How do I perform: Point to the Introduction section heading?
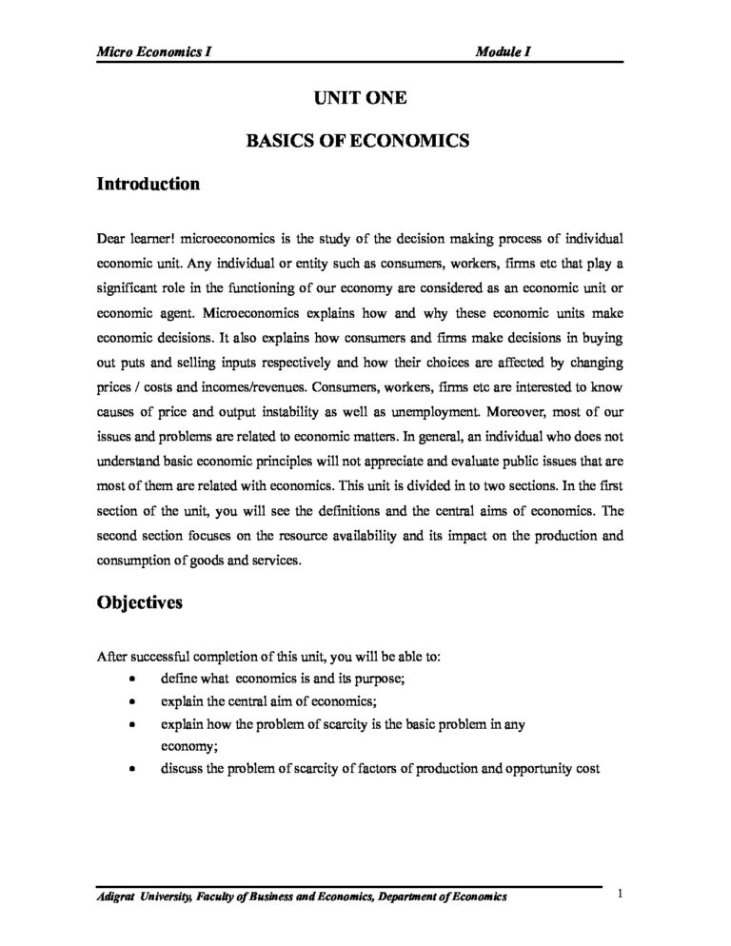[x=148, y=185]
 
